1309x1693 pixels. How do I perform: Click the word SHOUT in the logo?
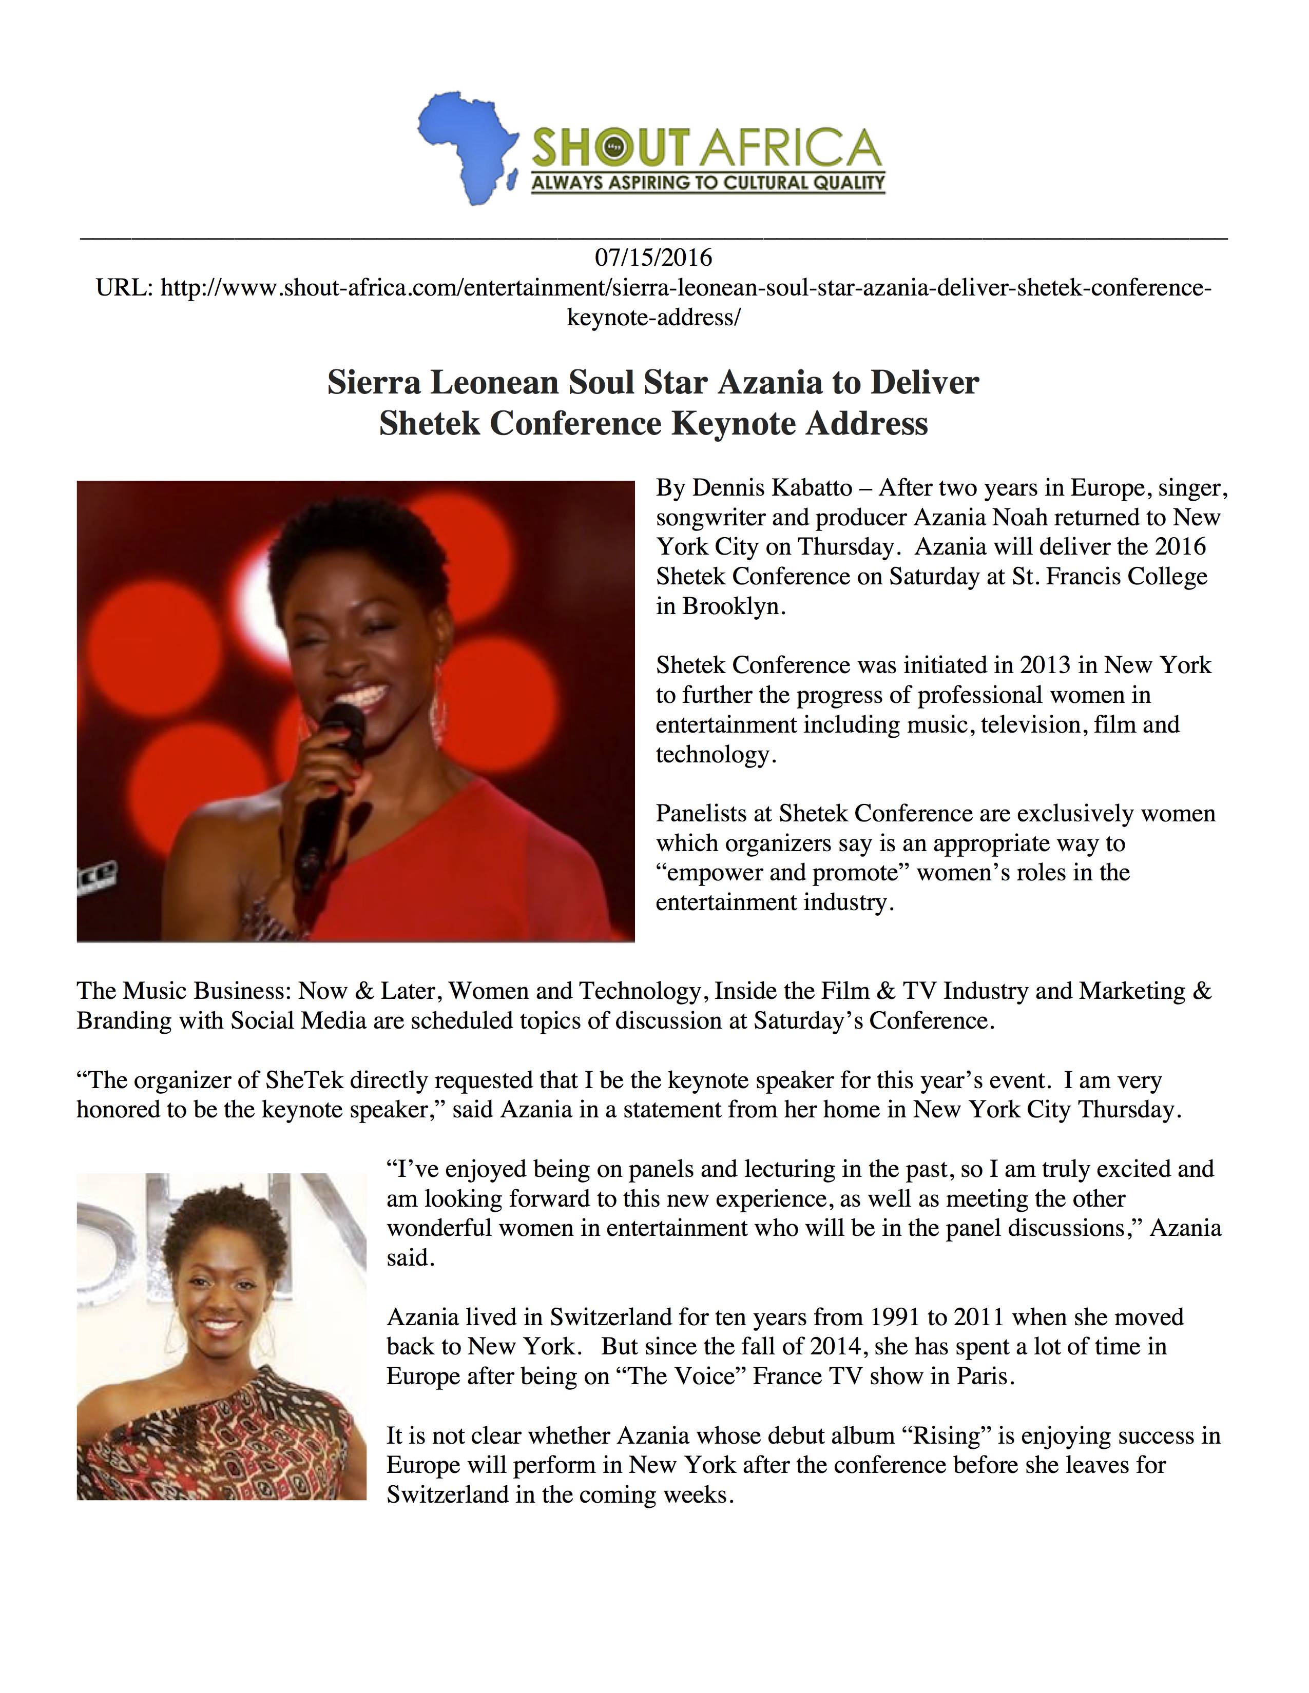[x=610, y=148]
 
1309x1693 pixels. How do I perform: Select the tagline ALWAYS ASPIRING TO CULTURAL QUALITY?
[x=707, y=184]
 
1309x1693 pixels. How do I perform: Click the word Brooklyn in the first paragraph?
[x=733, y=606]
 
